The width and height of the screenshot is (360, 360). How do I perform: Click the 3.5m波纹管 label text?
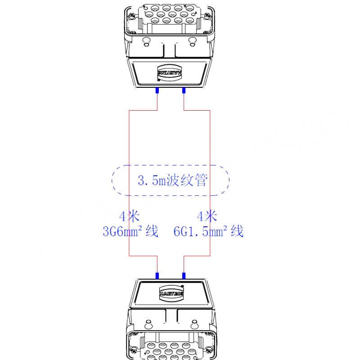coord(173,180)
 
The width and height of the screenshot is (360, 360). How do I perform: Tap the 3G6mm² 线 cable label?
coord(130,231)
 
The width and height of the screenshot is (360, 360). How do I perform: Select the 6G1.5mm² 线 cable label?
coord(208,231)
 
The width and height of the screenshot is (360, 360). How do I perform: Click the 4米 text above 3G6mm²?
coord(129,216)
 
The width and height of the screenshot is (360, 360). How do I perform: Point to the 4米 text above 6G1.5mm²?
coord(207,216)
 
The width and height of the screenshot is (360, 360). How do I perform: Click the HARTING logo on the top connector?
coord(170,73)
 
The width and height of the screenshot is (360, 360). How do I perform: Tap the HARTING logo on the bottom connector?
coord(172,293)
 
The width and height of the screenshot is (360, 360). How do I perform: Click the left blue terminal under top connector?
coord(157,90)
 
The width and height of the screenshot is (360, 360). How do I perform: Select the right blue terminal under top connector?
coord(184,90)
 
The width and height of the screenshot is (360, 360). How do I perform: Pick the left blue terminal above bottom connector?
coord(157,276)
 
